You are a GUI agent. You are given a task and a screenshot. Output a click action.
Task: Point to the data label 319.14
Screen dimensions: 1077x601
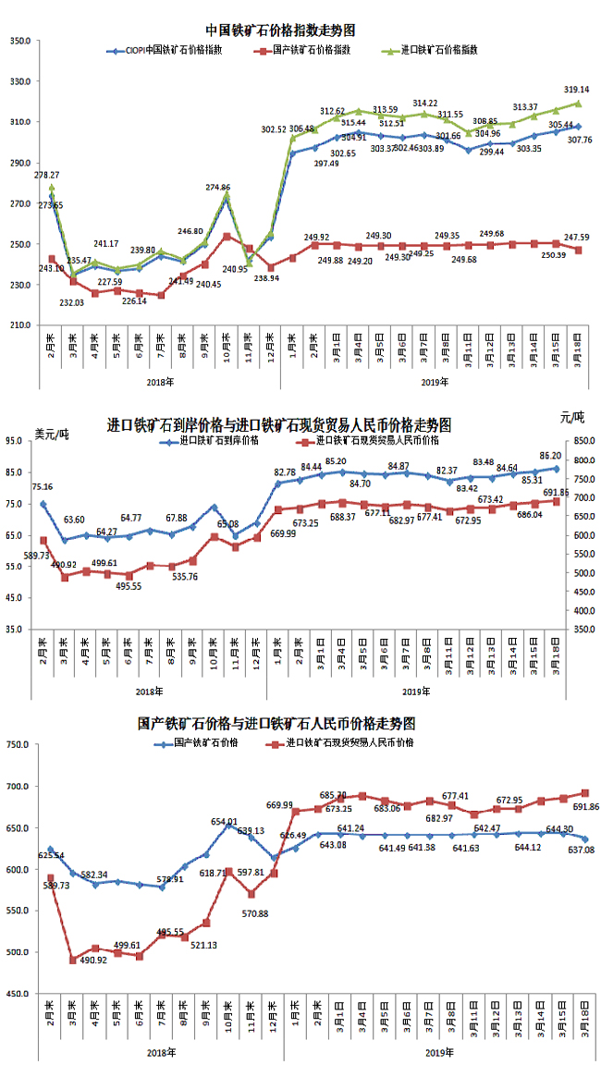click(x=577, y=90)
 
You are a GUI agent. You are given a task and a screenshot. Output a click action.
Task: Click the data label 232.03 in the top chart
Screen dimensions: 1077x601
click(x=71, y=302)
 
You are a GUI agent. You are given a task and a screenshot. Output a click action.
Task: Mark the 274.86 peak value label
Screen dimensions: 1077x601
click(x=218, y=188)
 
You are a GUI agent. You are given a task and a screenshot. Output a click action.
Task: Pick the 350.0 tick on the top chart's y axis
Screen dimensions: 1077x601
click(x=20, y=41)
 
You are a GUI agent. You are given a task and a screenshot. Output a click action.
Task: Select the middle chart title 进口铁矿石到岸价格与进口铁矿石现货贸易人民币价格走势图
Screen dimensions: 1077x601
click(x=279, y=425)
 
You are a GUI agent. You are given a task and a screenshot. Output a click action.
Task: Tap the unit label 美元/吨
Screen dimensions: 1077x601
click(x=51, y=434)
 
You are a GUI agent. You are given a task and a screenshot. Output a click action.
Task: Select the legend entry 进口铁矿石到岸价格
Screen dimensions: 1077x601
click(x=218, y=442)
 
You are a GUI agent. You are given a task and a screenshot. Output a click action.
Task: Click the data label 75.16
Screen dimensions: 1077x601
click(x=42, y=487)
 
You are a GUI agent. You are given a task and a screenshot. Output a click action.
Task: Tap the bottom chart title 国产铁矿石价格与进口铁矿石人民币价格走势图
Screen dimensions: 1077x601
click(x=277, y=722)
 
